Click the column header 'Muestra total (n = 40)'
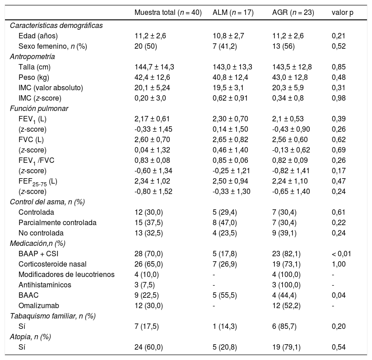(x=168, y=12)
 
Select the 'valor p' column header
(x=342, y=12)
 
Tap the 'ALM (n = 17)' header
(x=233, y=12)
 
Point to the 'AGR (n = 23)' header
(x=293, y=12)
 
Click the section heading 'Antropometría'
(x=33, y=56)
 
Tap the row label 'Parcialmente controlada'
(x=58, y=222)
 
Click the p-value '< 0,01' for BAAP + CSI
(x=342, y=254)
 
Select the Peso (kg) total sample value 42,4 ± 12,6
(x=152, y=77)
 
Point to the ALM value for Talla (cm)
(x=232, y=67)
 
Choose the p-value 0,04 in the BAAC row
(x=339, y=295)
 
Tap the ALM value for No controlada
(x=226, y=233)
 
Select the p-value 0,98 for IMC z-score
(x=339, y=98)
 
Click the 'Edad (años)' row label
(x=38, y=36)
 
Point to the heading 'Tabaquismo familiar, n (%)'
(x=53, y=316)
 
